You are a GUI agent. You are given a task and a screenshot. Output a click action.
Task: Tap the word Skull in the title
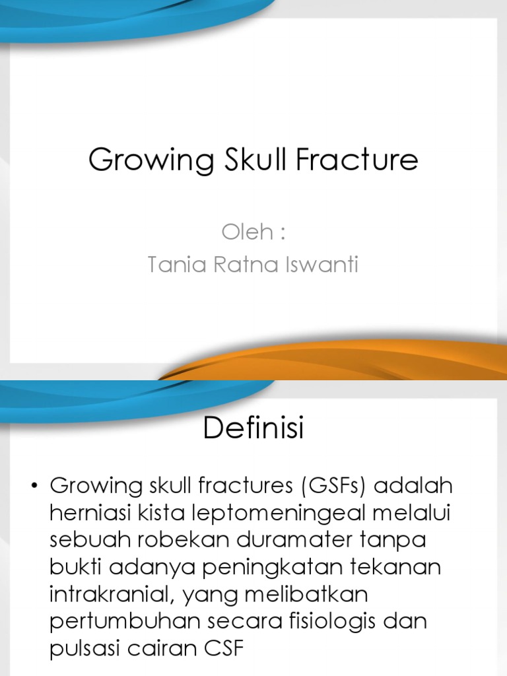point(244,160)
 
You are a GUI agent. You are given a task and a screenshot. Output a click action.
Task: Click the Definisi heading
point(253,429)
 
